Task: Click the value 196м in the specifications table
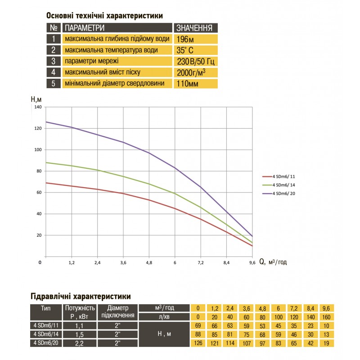(x=185, y=39)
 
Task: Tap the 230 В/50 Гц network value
(x=195, y=61)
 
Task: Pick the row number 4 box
(x=54, y=72)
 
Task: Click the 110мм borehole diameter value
(x=188, y=83)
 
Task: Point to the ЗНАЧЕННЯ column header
(x=195, y=27)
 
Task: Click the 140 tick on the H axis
(x=37, y=107)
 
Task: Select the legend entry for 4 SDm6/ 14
(x=283, y=185)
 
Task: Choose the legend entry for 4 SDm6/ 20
(x=283, y=193)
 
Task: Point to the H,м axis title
(x=37, y=99)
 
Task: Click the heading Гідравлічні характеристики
(x=81, y=297)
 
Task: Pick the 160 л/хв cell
(x=330, y=316)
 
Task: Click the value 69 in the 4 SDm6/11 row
(x=198, y=325)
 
